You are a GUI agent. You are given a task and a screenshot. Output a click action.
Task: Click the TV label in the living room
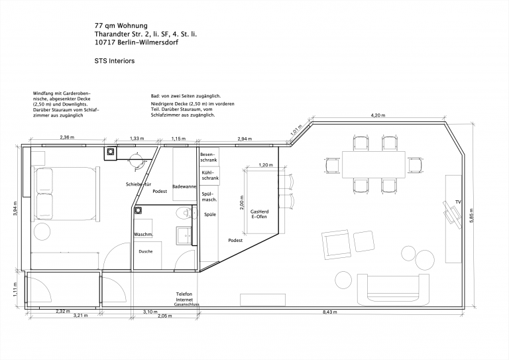[x=458, y=202]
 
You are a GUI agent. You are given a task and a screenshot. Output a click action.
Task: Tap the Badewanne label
[x=184, y=187]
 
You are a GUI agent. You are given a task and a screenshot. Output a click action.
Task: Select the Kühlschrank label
[x=210, y=175]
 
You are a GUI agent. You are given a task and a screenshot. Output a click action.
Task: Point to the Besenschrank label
[x=209, y=157]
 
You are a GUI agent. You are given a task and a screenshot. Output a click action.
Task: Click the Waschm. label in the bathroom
[x=143, y=235]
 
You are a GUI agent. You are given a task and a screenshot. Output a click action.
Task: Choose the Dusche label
[x=145, y=251]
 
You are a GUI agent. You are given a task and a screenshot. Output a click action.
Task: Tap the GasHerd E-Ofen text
[x=259, y=214]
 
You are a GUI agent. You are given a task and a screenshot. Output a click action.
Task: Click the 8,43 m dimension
[x=330, y=312]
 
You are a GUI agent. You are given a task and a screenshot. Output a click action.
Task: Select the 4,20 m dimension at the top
[x=378, y=115]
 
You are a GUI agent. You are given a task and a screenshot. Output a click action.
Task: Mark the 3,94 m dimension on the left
[x=15, y=208]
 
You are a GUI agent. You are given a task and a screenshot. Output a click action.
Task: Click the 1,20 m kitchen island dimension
[x=266, y=165]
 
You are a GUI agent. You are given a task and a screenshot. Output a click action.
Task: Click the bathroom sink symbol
[x=184, y=235]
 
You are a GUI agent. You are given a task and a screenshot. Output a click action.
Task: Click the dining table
[x=374, y=164]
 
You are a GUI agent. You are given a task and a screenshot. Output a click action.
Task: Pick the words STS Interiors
[x=115, y=61]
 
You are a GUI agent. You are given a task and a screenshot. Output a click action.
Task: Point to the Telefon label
[x=184, y=294]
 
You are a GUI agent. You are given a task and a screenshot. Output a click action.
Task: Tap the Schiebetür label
[x=139, y=184]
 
